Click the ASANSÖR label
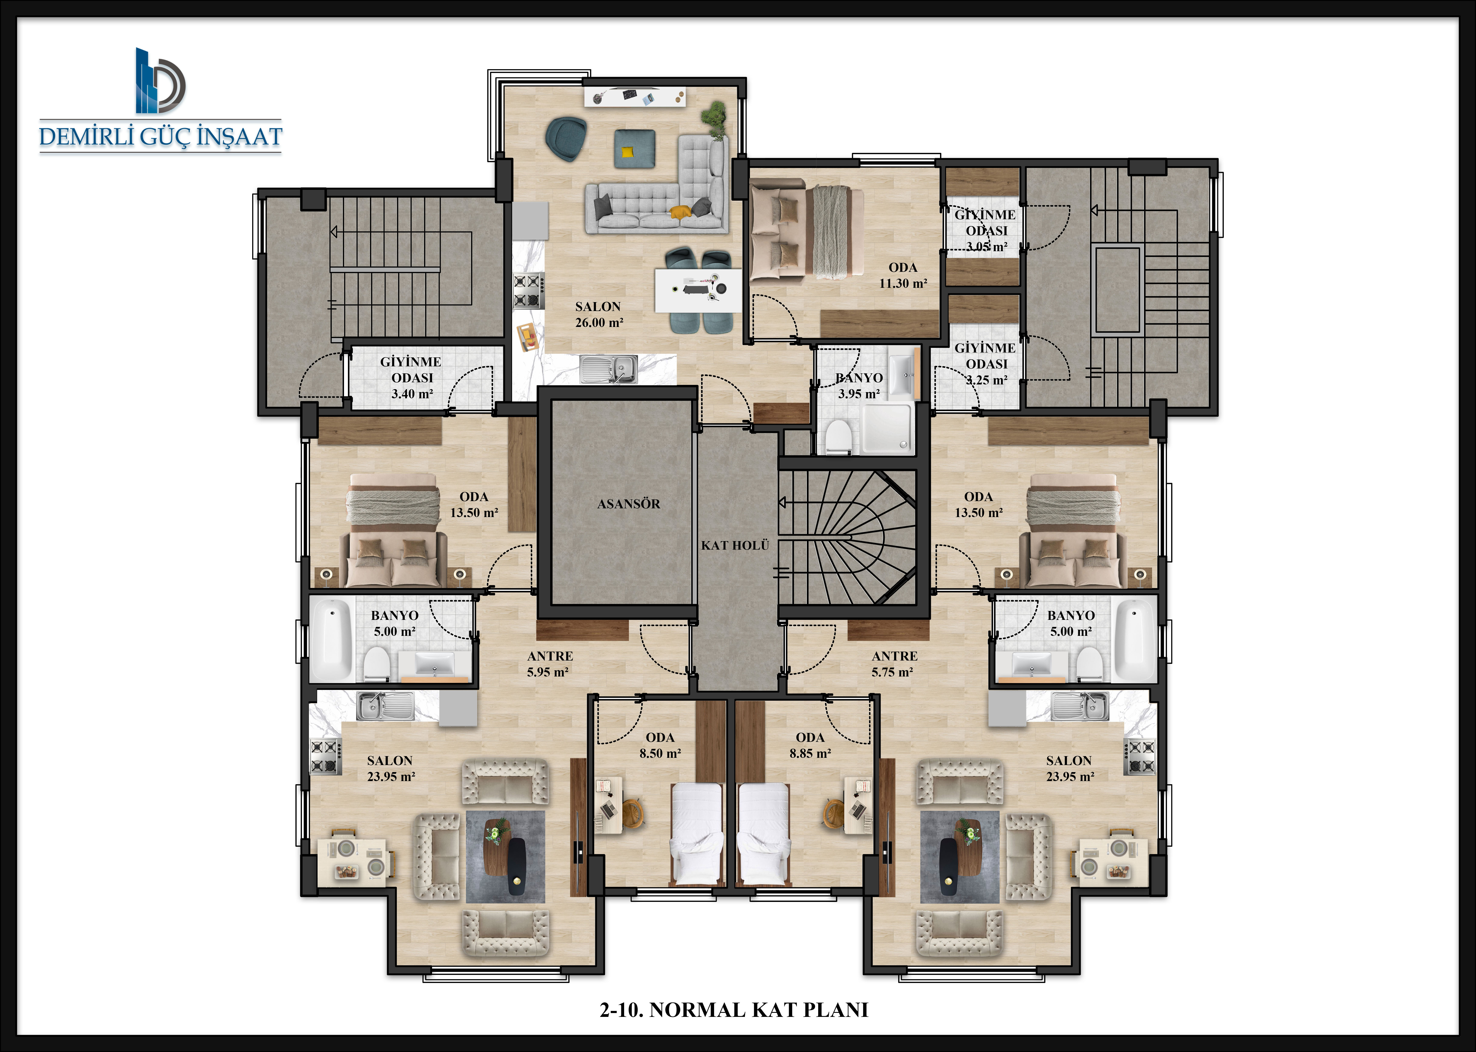click(628, 504)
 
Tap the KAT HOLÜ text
click(735, 545)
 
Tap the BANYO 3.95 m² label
click(859, 386)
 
